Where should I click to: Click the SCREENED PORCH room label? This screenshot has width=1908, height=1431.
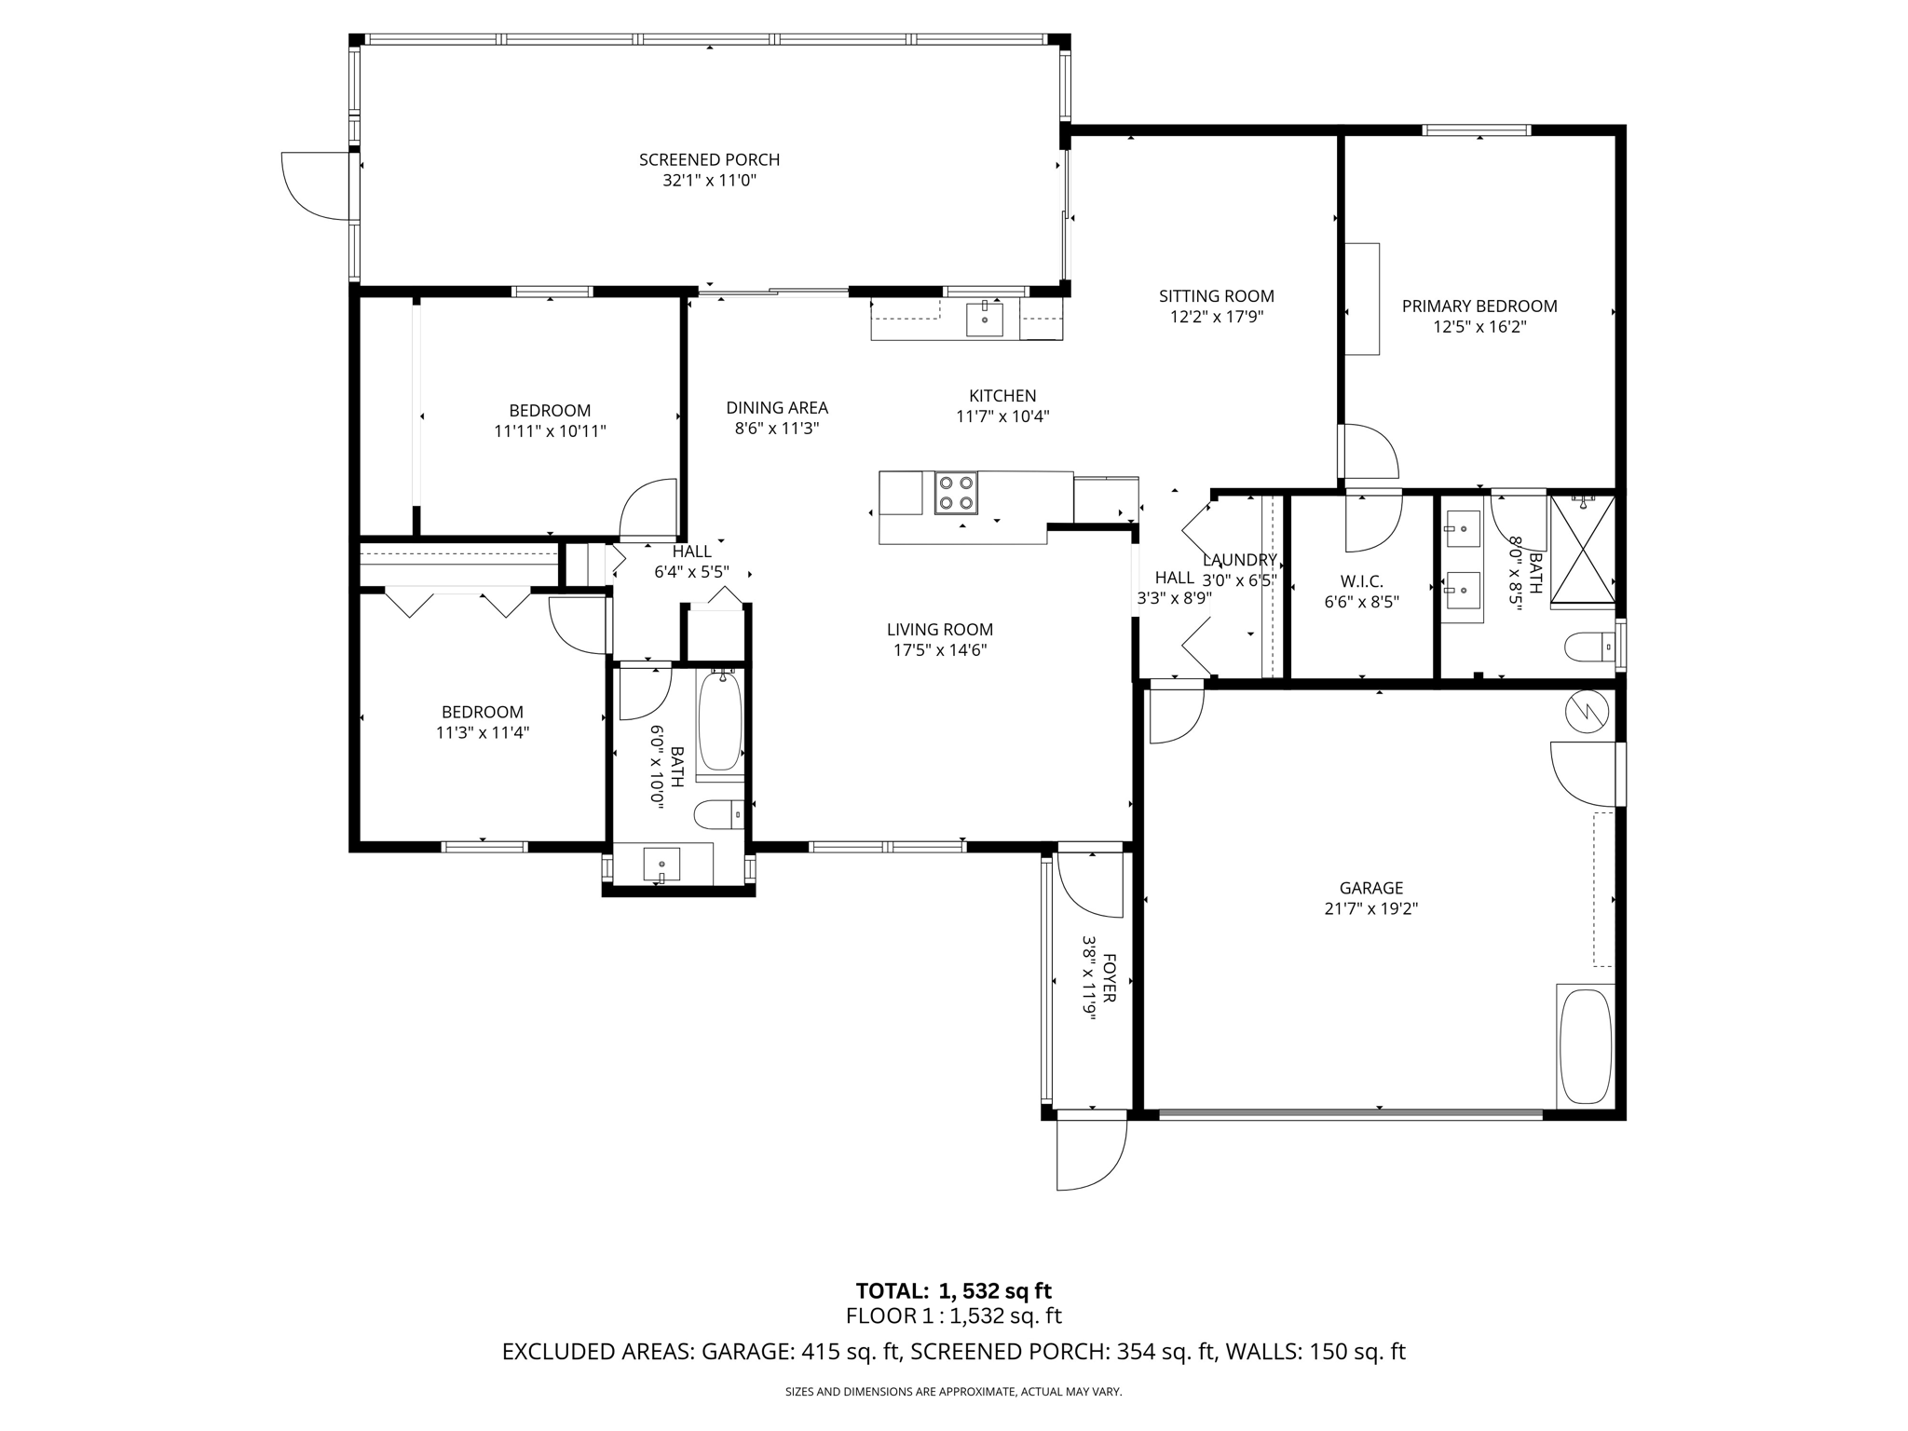[x=709, y=160]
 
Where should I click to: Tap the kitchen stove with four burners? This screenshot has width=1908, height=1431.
[x=956, y=493]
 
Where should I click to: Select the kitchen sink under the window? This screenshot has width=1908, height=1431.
[x=985, y=319]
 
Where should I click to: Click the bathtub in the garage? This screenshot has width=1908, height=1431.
[x=1585, y=1046]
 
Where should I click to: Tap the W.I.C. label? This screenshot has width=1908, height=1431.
[x=1361, y=581]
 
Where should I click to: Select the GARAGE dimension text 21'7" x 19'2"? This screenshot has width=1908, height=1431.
[x=1370, y=909]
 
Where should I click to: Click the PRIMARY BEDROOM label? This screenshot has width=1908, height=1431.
[x=1479, y=307]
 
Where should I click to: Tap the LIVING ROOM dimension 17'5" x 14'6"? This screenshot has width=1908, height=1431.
[x=940, y=650]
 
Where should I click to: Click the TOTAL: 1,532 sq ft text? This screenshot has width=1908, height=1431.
[x=953, y=1291]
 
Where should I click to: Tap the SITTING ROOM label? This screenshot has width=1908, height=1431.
[x=1217, y=296]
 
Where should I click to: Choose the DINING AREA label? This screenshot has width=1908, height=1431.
[x=777, y=408]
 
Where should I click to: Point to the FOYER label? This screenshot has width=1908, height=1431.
[x=1109, y=977]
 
